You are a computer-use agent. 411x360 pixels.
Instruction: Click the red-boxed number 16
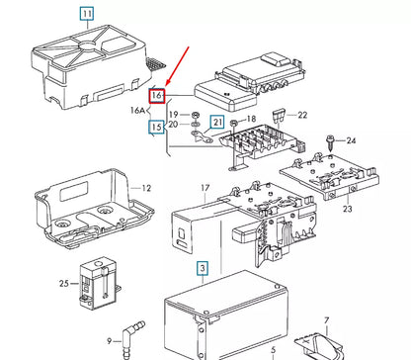pyautogui.click(x=155, y=96)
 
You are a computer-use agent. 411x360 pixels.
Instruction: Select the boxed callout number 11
pyautogui.click(x=88, y=14)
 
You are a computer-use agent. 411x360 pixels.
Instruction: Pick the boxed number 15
pyautogui.click(x=155, y=127)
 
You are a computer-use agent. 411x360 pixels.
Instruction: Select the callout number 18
pyautogui.click(x=250, y=118)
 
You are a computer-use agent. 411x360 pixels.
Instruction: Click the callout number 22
pyautogui.click(x=302, y=116)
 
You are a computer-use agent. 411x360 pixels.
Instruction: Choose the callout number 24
pyautogui.click(x=350, y=140)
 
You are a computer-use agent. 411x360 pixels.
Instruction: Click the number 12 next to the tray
pyautogui.click(x=145, y=188)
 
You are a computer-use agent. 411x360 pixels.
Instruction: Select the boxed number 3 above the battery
pyautogui.click(x=201, y=268)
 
